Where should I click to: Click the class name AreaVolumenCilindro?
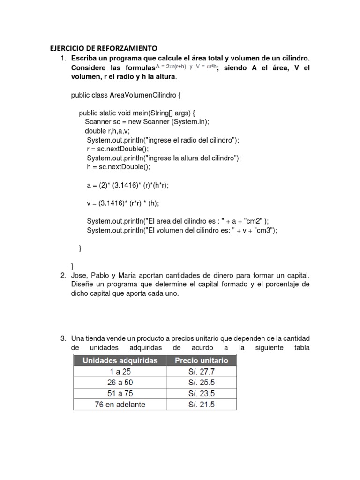(x=142, y=95)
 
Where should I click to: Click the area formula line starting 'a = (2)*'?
(x=127, y=185)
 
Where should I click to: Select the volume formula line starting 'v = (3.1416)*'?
(x=123, y=203)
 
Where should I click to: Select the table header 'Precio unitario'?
(x=201, y=360)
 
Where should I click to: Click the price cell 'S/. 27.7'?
(x=201, y=371)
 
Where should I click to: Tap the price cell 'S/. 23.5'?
(x=201, y=393)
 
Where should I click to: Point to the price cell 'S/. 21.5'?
(x=201, y=404)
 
